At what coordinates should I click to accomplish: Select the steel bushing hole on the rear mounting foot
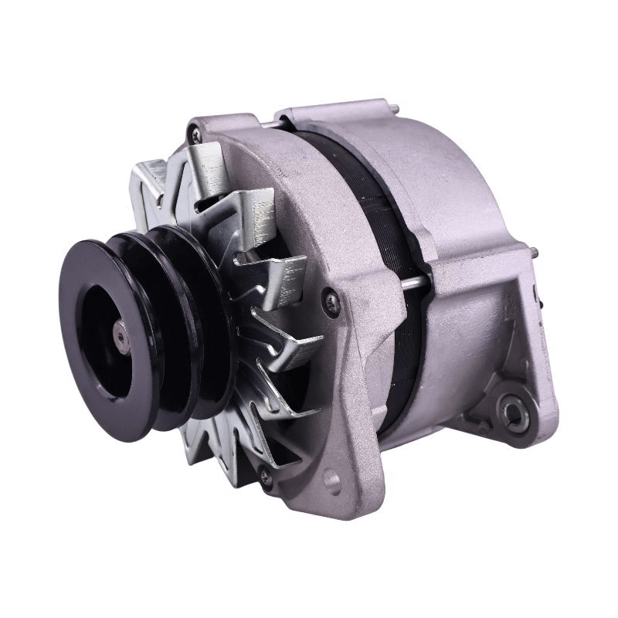[x=514, y=416]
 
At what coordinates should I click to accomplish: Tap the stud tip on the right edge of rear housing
[x=534, y=250]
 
